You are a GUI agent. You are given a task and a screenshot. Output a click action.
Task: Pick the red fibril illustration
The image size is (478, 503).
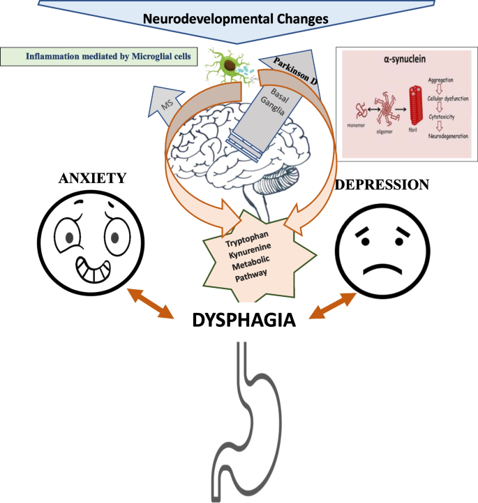point(413,108)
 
